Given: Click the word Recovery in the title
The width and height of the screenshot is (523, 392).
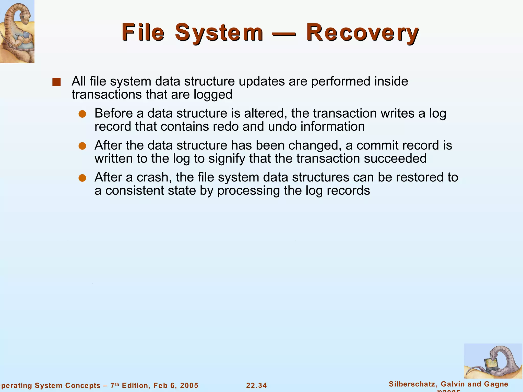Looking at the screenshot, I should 362,33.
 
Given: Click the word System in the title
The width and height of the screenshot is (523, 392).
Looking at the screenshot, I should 219,33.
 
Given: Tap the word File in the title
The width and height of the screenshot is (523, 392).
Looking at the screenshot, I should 143,33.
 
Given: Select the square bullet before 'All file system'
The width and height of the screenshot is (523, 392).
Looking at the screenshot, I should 56,82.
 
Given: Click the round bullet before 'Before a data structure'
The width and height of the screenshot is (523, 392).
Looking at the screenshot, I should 82,114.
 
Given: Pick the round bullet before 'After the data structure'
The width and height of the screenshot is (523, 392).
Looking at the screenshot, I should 82,146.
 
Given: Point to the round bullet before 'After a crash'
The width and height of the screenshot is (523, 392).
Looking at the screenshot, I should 82,178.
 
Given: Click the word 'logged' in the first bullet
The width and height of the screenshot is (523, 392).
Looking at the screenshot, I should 213,95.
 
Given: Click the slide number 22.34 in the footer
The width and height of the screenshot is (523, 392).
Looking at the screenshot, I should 256,385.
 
